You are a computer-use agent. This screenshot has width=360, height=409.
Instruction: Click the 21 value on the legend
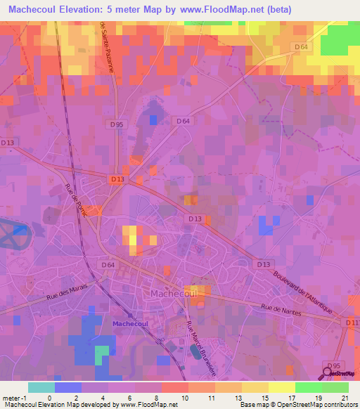pyautogui.click(x=344, y=398)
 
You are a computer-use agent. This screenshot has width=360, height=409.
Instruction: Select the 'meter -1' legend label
pyautogui.click(x=14, y=398)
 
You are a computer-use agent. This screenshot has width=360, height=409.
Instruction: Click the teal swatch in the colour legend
pyautogui.click(x=41, y=387)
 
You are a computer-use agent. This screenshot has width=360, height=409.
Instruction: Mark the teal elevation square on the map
pyautogui.click(x=103, y=350)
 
